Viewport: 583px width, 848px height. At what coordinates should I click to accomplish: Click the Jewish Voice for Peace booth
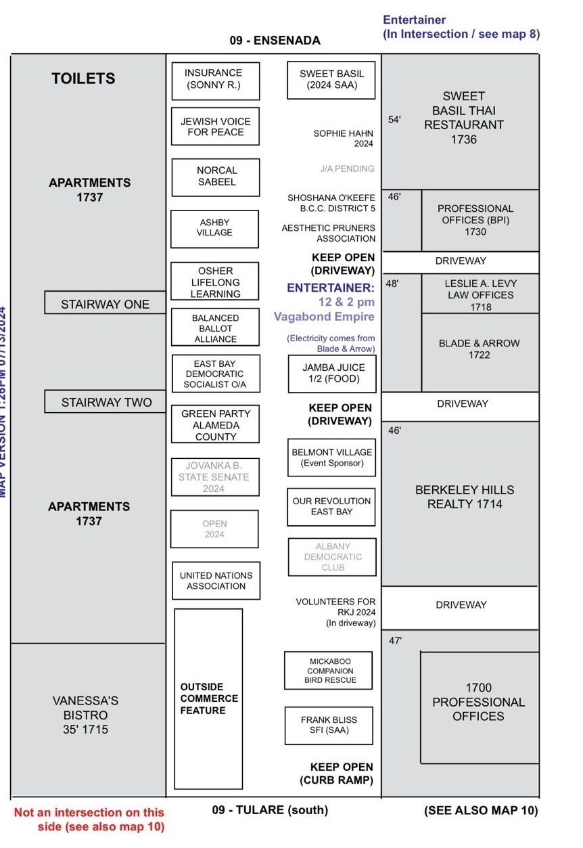(215, 127)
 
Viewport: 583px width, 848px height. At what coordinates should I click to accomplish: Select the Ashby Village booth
(214, 228)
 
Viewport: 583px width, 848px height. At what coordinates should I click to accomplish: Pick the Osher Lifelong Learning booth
(215, 282)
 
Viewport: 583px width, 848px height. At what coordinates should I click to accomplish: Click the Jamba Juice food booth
(332, 373)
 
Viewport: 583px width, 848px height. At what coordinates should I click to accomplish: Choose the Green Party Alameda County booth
(215, 425)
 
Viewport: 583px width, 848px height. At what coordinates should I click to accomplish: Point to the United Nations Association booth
(216, 581)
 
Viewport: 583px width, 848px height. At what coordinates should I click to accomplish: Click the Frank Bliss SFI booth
(329, 725)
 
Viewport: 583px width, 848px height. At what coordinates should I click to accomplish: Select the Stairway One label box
(105, 304)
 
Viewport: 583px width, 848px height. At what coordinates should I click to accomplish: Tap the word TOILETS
(83, 79)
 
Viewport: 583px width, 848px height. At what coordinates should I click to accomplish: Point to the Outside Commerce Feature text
(209, 698)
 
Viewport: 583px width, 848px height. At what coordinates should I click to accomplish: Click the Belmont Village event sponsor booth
(331, 458)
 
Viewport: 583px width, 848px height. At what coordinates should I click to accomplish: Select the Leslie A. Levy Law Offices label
(479, 295)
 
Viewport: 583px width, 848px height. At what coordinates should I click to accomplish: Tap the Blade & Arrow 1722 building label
(479, 349)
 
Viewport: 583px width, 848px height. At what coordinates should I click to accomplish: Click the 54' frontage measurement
(394, 120)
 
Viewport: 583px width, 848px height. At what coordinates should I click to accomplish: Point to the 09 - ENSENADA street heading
(275, 41)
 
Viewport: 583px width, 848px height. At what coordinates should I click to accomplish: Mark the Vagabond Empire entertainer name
(324, 316)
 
